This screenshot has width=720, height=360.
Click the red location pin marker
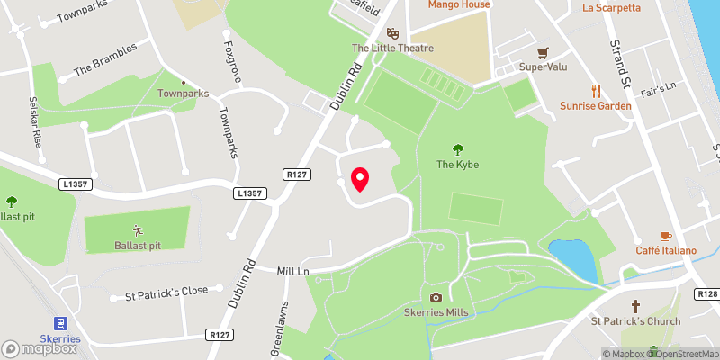point(360,178)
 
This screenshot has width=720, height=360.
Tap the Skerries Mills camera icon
point(436,297)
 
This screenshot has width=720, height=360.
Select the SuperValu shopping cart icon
point(543,53)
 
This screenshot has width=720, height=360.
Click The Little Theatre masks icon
point(393,32)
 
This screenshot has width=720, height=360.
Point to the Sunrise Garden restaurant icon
point(595,90)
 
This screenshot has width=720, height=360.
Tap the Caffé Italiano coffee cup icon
point(666,235)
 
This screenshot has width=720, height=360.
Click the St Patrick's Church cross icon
point(635,306)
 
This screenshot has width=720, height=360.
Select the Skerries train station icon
point(60,323)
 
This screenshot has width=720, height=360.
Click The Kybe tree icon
point(457,149)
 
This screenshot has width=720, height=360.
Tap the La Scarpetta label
point(612,8)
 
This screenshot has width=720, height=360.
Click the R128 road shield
point(707,294)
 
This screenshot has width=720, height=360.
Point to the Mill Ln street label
point(293,270)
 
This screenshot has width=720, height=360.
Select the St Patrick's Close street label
point(166,292)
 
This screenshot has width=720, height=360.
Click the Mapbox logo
point(39,348)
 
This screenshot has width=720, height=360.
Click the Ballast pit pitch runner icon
point(137,229)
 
